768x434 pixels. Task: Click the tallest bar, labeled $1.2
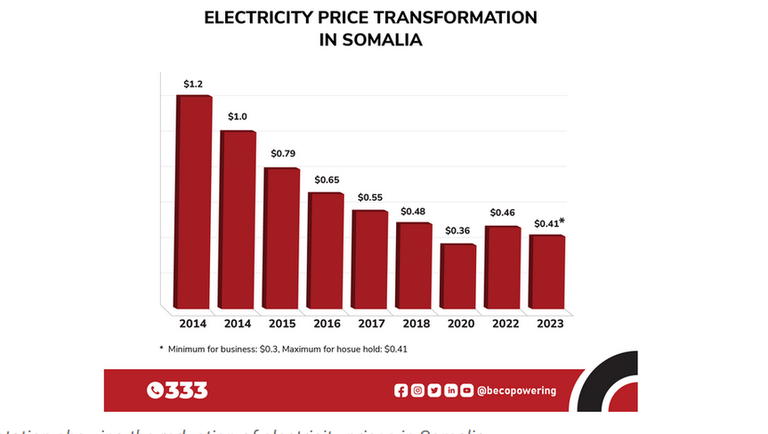[x=195, y=200]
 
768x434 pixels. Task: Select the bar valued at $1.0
[x=238, y=218]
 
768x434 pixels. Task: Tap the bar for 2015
[x=282, y=237]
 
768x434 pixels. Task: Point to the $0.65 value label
[x=327, y=181]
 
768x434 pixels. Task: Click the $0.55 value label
[x=370, y=197]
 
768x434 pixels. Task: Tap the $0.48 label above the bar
[x=414, y=212]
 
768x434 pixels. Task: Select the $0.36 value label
[x=458, y=231]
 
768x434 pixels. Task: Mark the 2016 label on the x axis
[x=327, y=324]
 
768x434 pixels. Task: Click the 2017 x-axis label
[x=370, y=324]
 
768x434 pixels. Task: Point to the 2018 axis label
[x=415, y=324]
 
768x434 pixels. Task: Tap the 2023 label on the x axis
[x=546, y=324]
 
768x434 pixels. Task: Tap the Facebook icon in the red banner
[x=400, y=390]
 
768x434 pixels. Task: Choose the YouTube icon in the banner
[x=466, y=390]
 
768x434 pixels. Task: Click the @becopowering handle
[x=516, y=390]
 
